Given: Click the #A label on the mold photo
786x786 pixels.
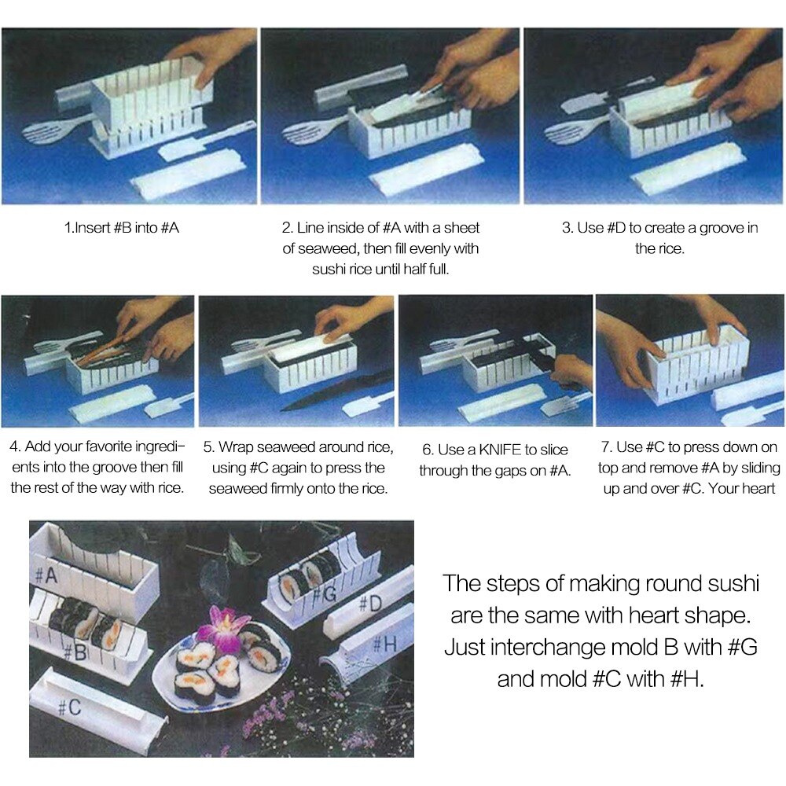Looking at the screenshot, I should [x=46, y=575].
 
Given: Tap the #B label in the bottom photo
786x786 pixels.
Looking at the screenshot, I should [x=75, y=652].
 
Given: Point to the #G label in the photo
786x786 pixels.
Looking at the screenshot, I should [x=328, y=593].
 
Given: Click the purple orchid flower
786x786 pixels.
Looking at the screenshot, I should [x=222, y=626].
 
